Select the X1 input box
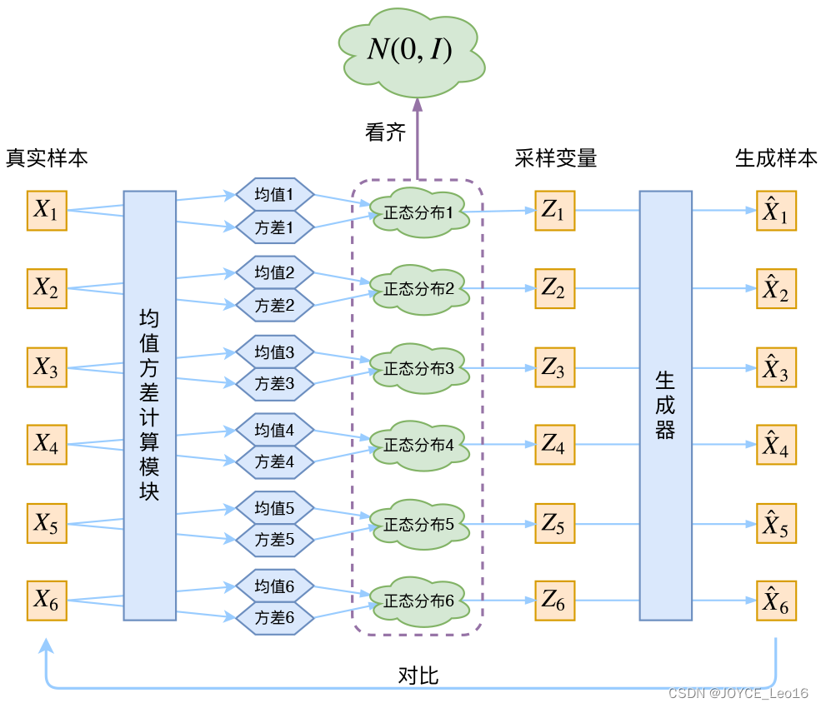tap(47, 211)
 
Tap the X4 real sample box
tap(47, 445)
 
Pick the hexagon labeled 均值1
tap(274, 196)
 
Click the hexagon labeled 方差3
tap(274, 384)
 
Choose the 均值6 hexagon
tap(274, 586)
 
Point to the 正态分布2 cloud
tap(419, 289)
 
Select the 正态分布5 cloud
tap(419, 524)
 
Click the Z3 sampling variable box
tap(554, 367)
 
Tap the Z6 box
tap(554, 601)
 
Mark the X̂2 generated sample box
tap(776, 289)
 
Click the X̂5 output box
tap(776, 524)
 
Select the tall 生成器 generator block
tap(665, 406)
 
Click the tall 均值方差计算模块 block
tap(149, 406)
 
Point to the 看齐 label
tap(385, 132)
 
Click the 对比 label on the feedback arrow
tap(418, 676)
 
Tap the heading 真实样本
tap(47, 158)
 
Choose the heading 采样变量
tap(555, 158)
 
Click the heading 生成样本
tap(776, 158)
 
